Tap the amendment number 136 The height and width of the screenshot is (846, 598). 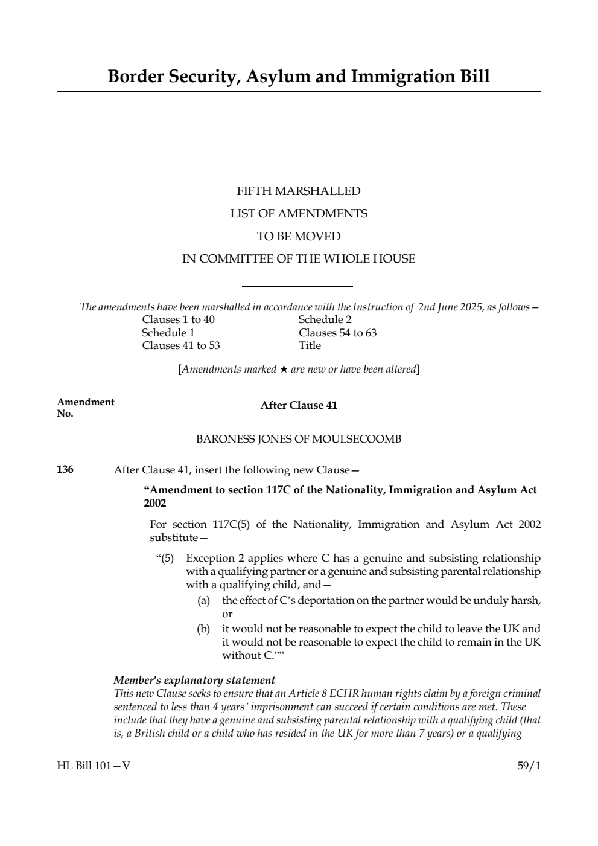(x=65, y=469)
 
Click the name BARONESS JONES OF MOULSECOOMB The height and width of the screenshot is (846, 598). (x=299, y=439)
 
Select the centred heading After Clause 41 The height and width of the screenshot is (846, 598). (x=299, y=405)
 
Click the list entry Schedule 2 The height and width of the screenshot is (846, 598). (x=325, y=319)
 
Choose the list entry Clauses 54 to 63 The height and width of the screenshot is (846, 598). (x=337, y=333)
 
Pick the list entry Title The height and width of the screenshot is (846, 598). (x=310, y=345)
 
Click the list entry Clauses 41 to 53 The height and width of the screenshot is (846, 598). (x=181, y=345)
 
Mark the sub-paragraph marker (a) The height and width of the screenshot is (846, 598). (x=204, y=601)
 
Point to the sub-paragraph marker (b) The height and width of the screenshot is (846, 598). (x=204, y=629)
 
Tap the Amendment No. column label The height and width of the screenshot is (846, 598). (x=84, y=408)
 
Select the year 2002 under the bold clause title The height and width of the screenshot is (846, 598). (x=155, y=503)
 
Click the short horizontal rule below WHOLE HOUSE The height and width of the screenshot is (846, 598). (x=297, y=287)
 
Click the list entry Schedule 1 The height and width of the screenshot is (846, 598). (x=168, y=333)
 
